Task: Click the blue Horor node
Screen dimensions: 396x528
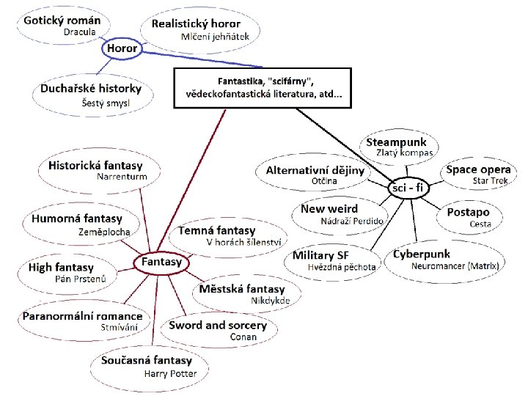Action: click(122, 49)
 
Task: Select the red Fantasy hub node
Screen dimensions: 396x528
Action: click(161, 262)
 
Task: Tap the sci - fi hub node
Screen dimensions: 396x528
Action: click(408, 188)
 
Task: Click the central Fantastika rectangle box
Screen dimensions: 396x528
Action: click(263, 88)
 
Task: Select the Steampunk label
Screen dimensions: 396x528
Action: click(396, 142)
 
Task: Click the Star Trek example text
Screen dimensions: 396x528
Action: click(491, 180)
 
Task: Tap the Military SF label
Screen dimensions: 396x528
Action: click(320, 255)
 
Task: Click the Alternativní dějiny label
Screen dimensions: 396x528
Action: click(315, 170)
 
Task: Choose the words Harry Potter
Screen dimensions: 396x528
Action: click(171, 373)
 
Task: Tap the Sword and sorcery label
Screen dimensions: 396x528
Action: click(218, 325)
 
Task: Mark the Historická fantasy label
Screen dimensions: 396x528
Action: click(95, 165)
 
